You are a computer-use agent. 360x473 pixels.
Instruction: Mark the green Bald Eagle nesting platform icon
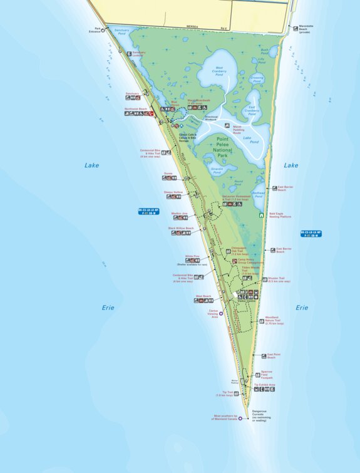(x=262, y=215)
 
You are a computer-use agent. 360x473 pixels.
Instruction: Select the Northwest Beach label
(x=135, y=109)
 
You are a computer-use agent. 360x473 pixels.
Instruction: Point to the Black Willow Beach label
(x=181, y=229)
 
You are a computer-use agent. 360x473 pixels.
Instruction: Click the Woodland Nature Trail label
(x=274, y=320)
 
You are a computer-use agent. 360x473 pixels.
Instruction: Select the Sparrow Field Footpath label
(x=267, y=375)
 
